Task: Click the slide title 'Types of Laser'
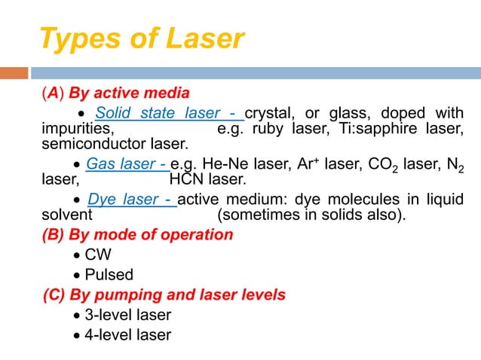[141, 38]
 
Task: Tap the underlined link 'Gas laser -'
[127, 163]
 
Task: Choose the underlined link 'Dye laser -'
[131, 200]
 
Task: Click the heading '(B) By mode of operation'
[137, 235]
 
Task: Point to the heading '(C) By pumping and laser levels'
[164, 294]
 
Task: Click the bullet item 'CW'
[97, 255]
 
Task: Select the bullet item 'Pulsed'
[109, 275]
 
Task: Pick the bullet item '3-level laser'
[127, 315]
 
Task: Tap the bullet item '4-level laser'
[127, 334]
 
